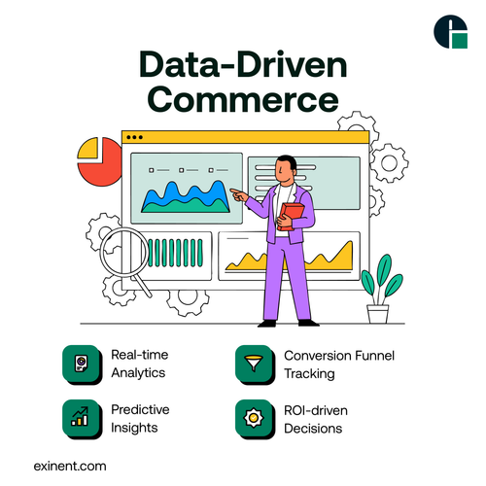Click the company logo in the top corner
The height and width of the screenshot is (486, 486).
point(450,30)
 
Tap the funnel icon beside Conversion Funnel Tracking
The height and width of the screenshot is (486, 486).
point(254,364)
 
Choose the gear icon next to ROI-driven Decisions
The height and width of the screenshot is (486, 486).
point(254,418)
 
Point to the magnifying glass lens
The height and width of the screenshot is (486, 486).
point(121,250)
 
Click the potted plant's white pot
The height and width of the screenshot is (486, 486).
point(377,313)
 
